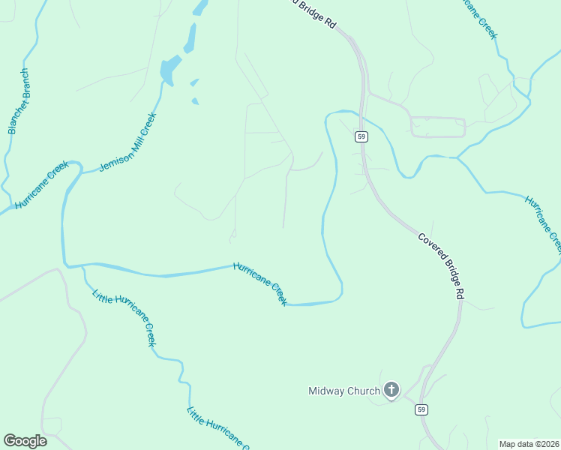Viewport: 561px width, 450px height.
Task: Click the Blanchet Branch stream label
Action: click(x=19, y=101)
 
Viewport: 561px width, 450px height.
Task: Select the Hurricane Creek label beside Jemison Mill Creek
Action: click(x=42, y=184)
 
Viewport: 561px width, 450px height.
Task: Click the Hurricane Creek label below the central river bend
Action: click(x=260, y=283)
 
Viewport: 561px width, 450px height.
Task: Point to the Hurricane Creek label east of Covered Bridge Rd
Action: click(x=544, y=223)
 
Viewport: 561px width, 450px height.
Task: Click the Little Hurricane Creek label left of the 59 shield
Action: click(x=218, y=428)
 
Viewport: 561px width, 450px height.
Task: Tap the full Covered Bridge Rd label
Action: click(x=441, y=266)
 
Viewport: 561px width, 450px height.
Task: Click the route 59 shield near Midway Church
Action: click(x=422, y=409)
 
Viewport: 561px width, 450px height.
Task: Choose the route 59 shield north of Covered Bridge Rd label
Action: click(x=361, y=136)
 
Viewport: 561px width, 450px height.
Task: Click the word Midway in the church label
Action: click(x=326, y=391)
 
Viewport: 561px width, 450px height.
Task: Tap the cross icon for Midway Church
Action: click(x=391, y=390)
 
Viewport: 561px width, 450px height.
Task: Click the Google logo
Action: click(x=25, y=441)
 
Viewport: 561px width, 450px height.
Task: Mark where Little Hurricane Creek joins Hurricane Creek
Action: click(x=81, y=265)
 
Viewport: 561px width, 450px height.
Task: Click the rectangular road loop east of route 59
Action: click(x=437, y=127)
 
